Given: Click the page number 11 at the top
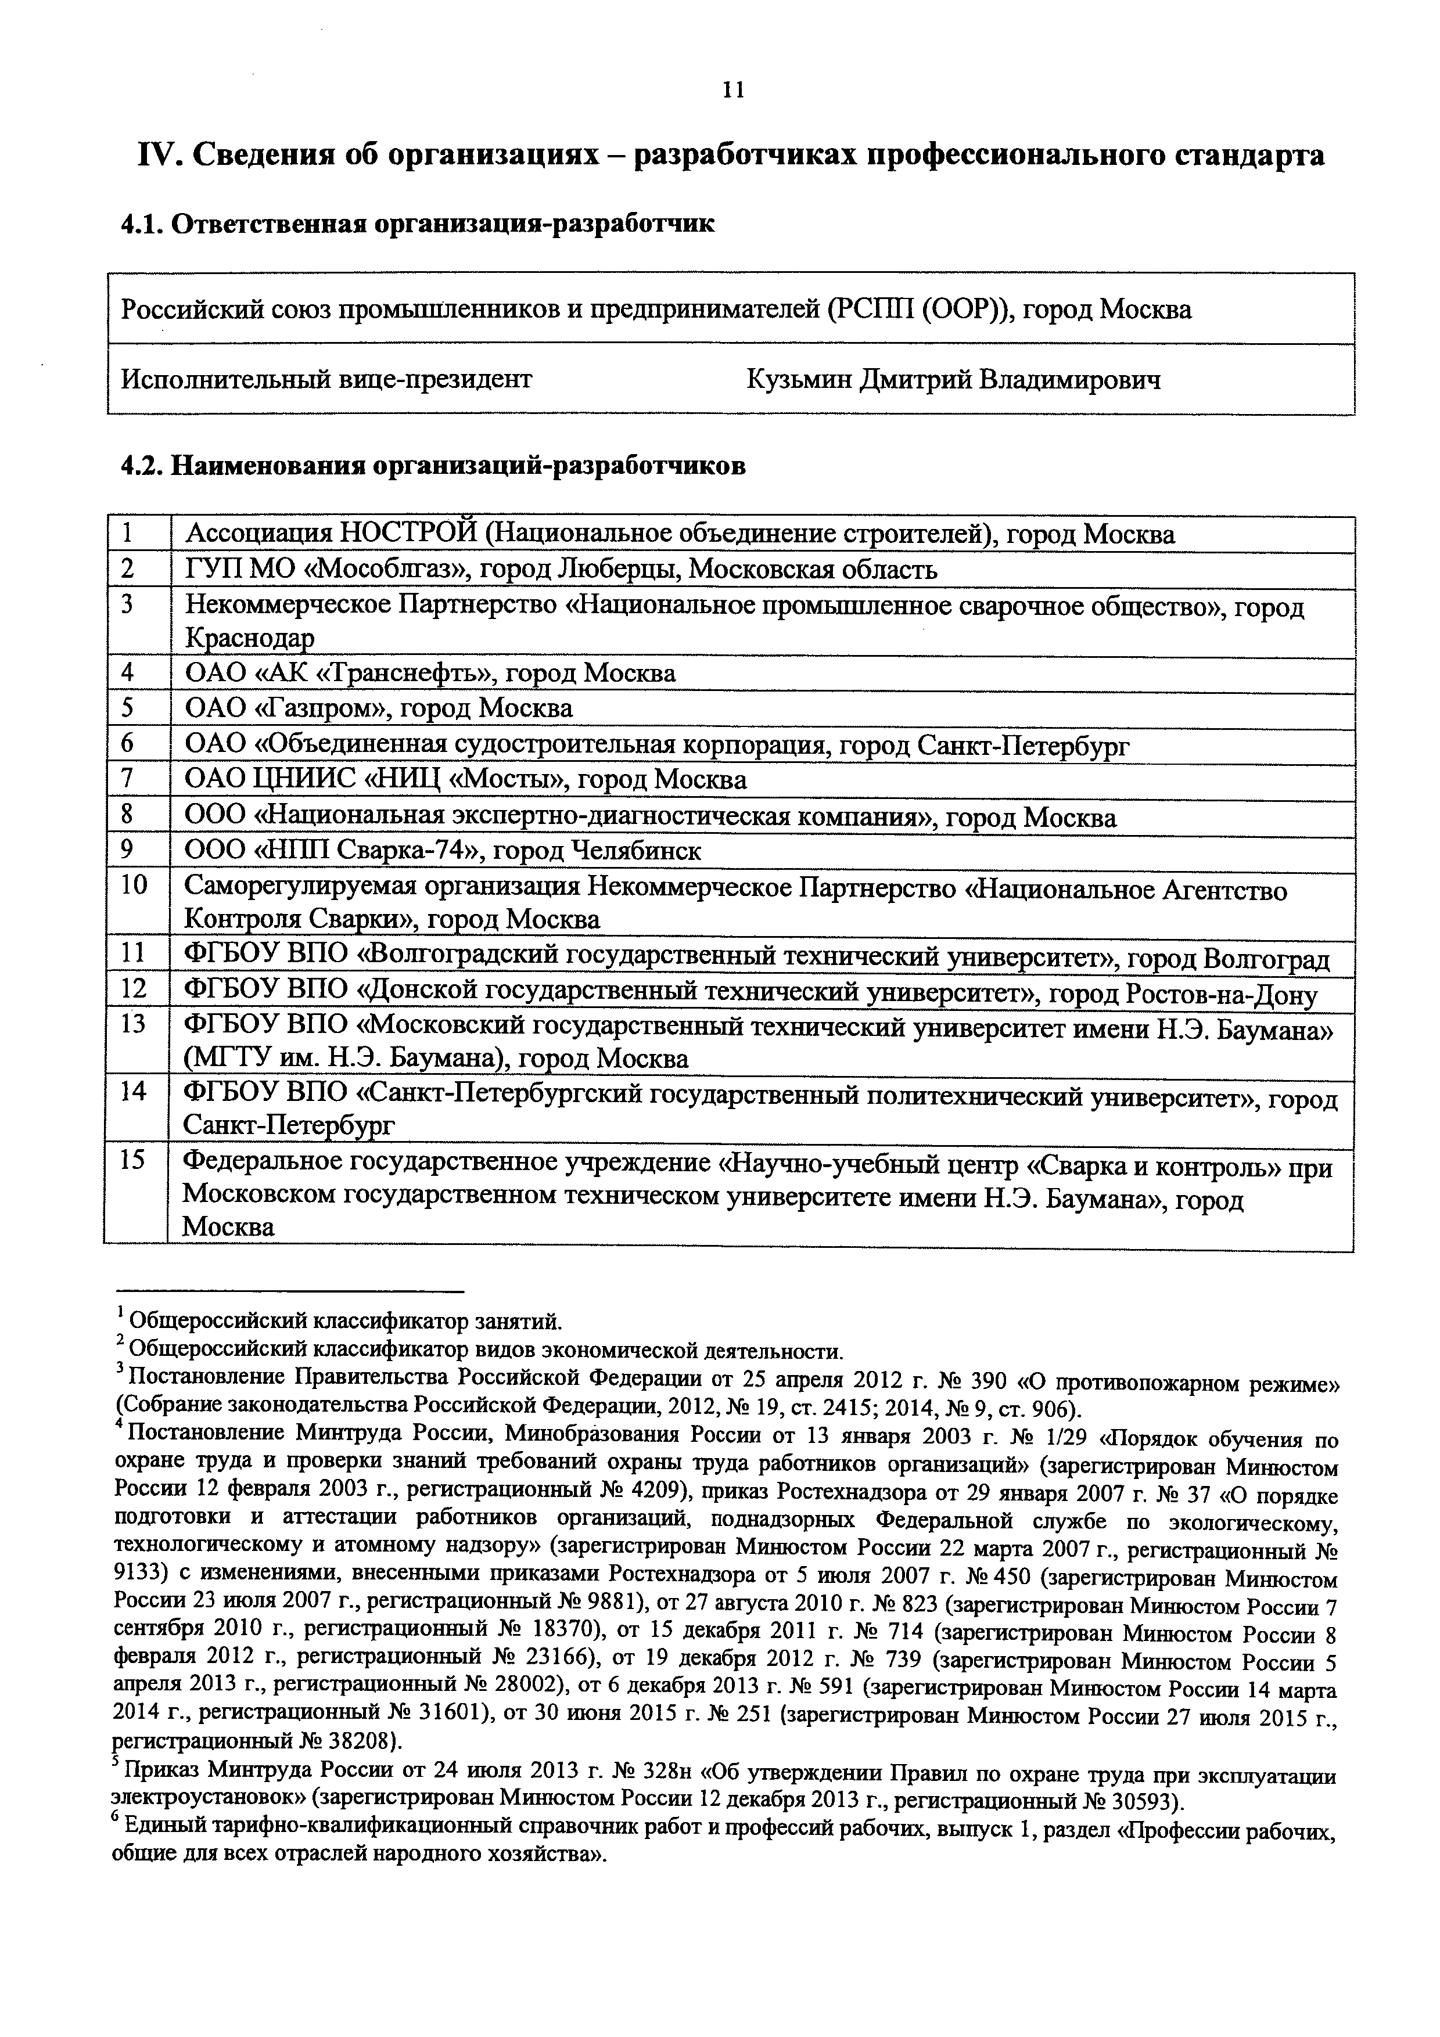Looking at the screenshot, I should coord(733,91).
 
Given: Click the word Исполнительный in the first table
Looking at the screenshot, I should coord(226,380).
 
